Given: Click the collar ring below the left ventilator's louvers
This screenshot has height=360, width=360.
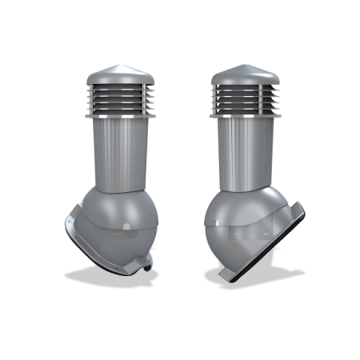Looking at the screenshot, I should coord(118,116).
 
